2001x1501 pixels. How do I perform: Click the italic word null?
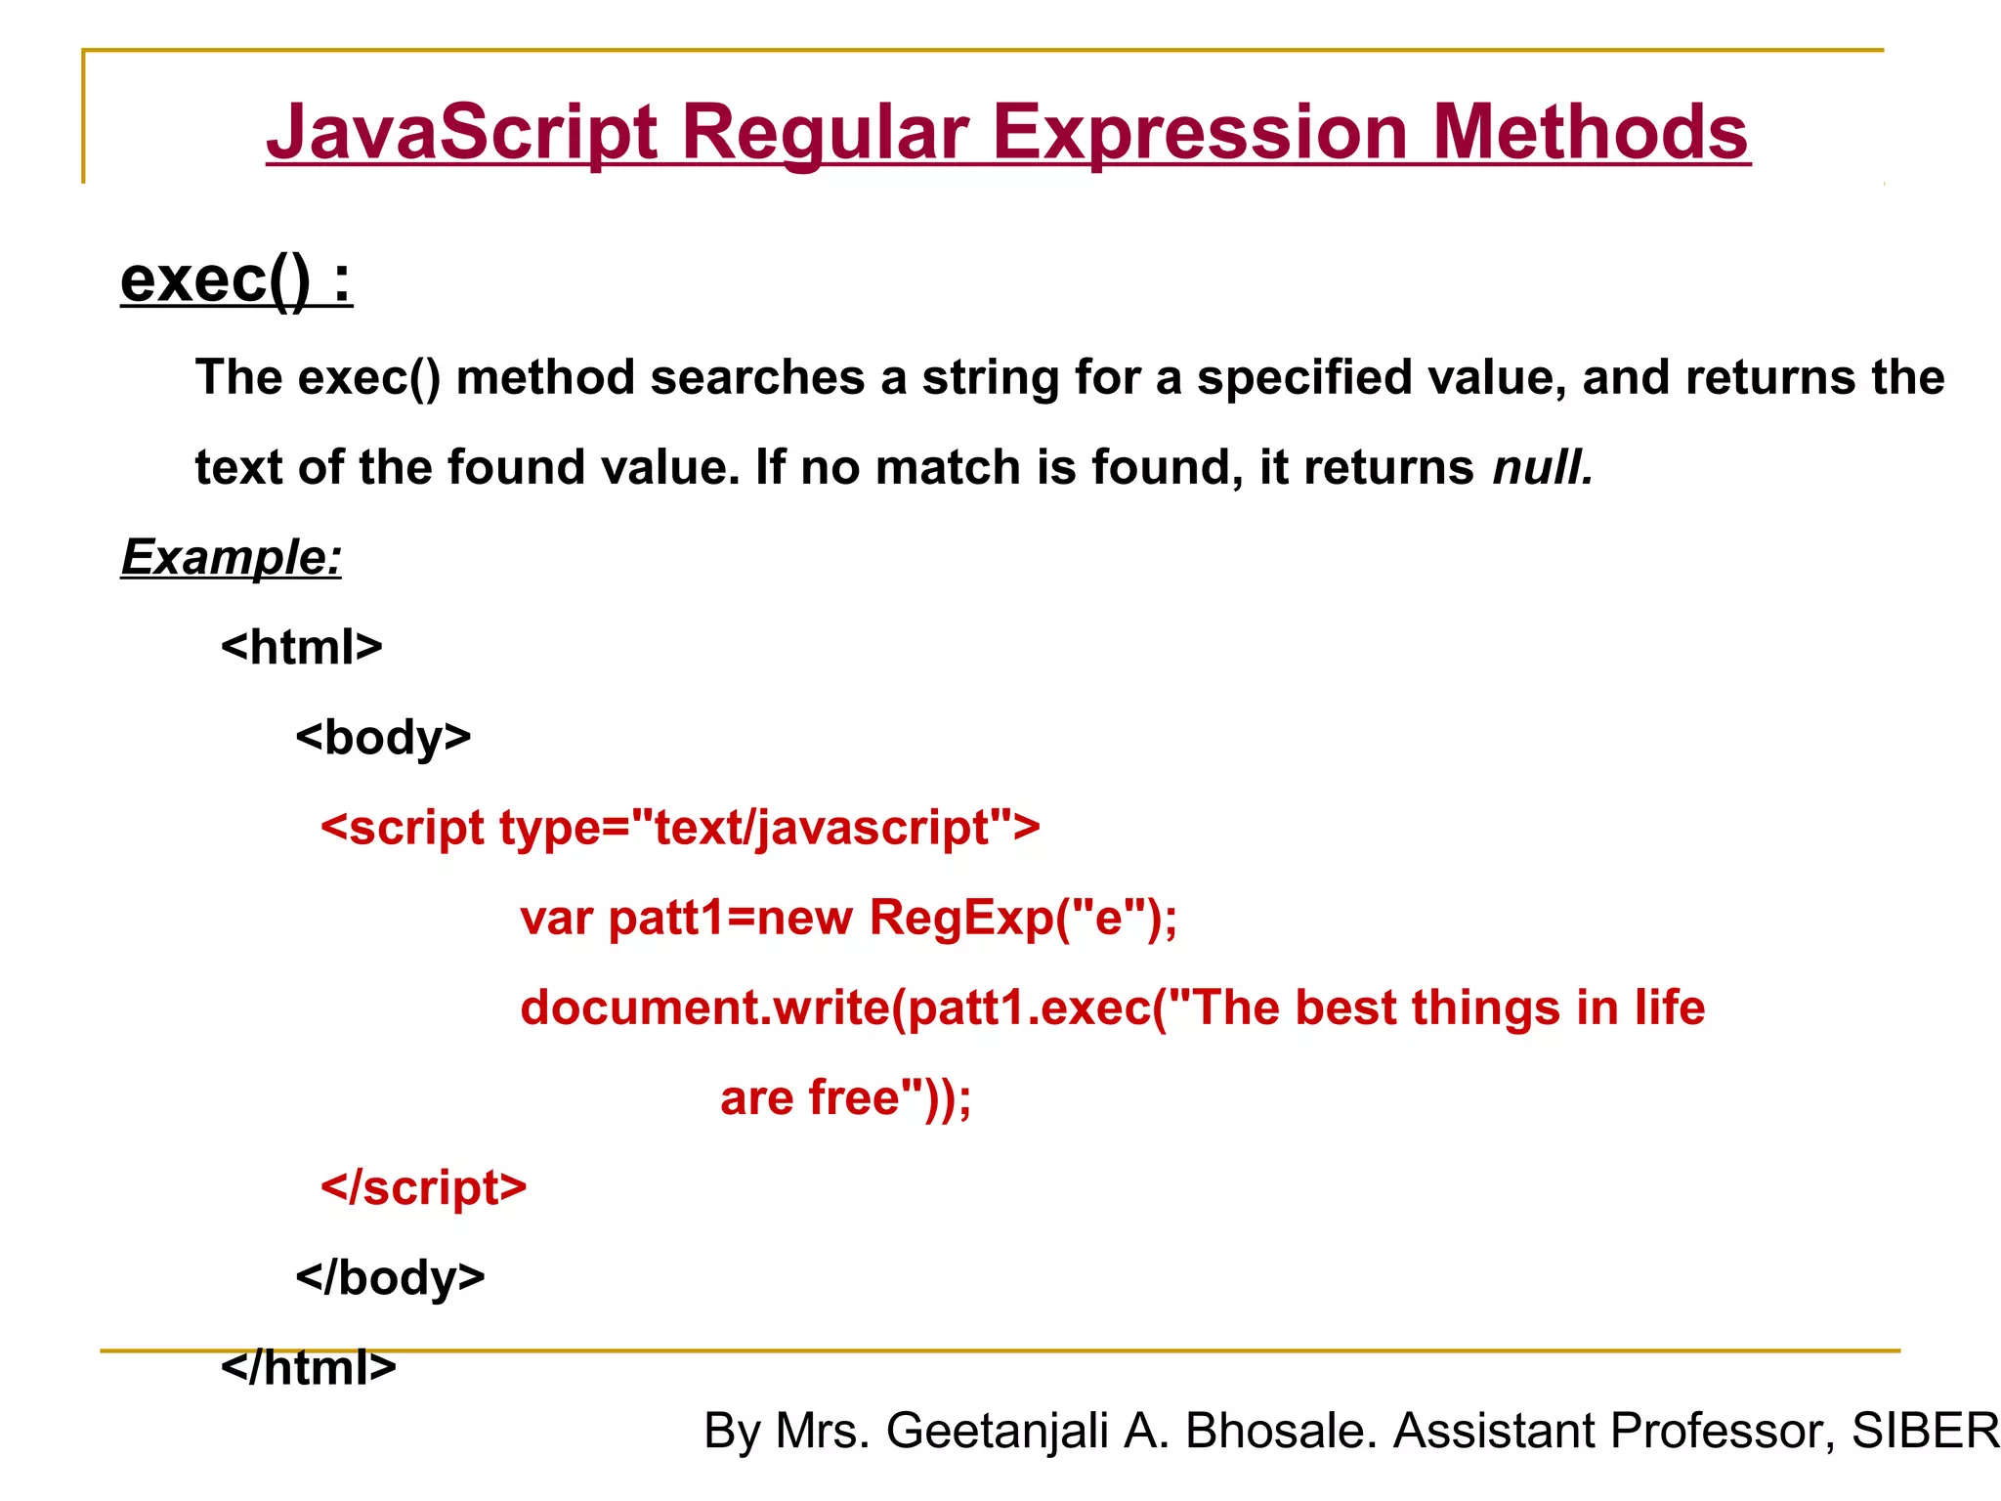pos(1543,467)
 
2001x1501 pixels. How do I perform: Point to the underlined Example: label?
pos(232,557)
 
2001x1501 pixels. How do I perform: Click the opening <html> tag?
pos(302,647)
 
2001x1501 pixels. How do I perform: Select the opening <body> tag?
pos(384,737)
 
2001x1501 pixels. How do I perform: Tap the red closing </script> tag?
pos(424,1187)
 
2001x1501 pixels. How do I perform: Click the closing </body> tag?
pos(391,1277)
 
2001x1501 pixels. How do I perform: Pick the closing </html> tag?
pos(309,1366)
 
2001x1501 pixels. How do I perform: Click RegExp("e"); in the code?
pos(1023,918)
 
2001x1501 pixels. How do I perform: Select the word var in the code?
pos(556,919)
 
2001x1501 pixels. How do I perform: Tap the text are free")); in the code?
pos(846,1097)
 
